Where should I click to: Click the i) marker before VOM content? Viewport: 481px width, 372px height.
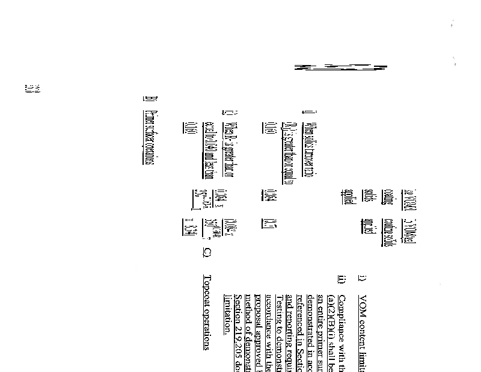click(x=361, y=279)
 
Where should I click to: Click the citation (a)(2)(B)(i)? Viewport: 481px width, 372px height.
click(x=331, y=312)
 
